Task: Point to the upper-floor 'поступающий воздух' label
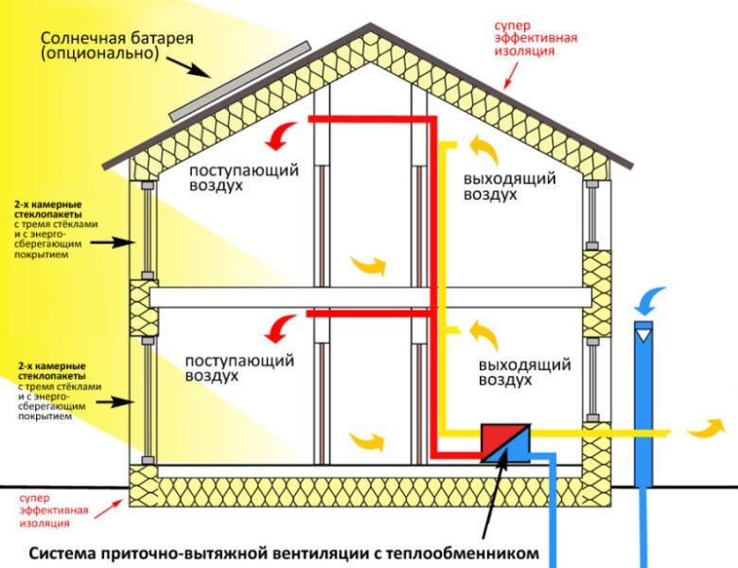243,178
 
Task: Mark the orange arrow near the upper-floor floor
369,264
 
